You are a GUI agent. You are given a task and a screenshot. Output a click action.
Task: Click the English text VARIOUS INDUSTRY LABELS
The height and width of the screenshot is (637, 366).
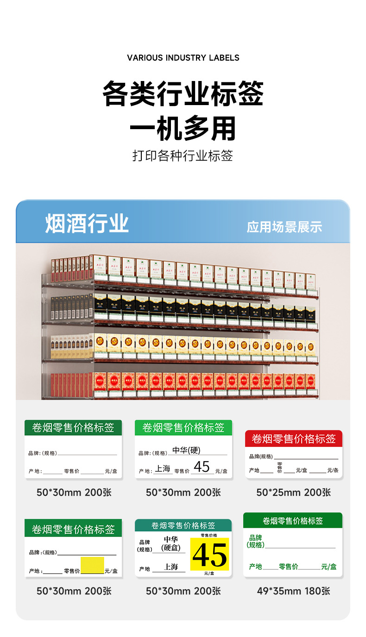183,58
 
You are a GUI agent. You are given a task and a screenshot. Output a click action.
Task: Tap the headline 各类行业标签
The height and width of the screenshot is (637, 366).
183,94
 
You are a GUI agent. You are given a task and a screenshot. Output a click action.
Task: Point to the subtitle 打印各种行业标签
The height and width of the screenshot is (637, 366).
183,156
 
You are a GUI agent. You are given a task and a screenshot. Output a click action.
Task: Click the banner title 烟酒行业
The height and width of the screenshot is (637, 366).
87,224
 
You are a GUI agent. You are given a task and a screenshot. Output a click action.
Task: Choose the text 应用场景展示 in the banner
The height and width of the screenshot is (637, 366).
284,227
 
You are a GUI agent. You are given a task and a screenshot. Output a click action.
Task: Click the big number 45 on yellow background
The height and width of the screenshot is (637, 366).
209,555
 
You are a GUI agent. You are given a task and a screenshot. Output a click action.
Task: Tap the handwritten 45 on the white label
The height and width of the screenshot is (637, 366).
202,467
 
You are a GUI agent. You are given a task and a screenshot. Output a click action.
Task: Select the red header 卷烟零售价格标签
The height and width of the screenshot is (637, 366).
293,438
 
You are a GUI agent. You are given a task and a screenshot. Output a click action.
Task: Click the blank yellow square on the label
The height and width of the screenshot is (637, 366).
92,565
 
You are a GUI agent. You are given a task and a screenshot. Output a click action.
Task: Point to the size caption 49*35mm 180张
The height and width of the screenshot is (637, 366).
293,591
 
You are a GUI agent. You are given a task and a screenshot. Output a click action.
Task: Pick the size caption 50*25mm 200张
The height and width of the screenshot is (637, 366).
293,492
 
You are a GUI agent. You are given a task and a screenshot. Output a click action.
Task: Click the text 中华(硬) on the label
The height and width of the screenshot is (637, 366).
186,450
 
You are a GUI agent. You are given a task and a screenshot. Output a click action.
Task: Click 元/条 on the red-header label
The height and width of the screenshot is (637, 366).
333,470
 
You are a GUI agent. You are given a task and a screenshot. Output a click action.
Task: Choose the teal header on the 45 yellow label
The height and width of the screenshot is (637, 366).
183,525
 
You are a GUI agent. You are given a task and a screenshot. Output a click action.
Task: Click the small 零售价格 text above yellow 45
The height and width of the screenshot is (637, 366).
209,535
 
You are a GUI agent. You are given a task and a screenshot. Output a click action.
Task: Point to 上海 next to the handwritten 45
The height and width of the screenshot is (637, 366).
163,469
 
